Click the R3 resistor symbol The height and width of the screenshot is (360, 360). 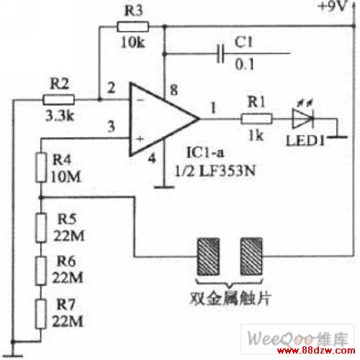pos(132,27)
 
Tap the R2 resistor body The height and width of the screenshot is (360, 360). pos(58,99)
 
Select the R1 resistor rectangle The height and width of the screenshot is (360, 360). pos(256,119)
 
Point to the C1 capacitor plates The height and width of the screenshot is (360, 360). pos(220,54)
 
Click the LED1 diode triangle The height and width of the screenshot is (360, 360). pos(302,118)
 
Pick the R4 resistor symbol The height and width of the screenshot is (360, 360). pos(41,167)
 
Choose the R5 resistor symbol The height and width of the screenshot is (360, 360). pos(41,227)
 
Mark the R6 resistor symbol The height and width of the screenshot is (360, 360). pos(41,271)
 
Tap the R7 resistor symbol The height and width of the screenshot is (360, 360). pos(41,314)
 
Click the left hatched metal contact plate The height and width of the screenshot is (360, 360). pos(208,256)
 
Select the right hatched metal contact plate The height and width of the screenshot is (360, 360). pos(251,256)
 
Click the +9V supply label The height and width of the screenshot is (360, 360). pos(332,6)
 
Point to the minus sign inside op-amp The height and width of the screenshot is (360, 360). pos(140,100)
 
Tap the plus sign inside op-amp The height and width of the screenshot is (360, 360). pos(140,139)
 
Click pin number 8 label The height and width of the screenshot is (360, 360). pos(174,90)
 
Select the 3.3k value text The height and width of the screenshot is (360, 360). pos(60,116)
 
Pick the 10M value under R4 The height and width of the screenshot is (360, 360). pos(66,177)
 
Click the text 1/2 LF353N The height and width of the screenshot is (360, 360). pos(215,171)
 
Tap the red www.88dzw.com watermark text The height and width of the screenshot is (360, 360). pos(316,351)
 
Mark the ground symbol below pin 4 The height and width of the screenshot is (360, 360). pos(164,186)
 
